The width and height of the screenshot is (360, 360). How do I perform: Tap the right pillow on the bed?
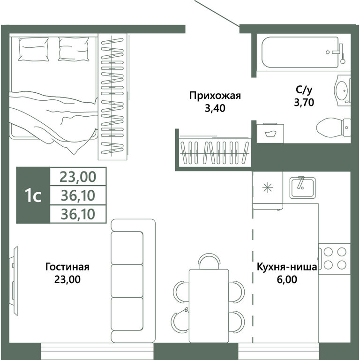(x=74, y=49)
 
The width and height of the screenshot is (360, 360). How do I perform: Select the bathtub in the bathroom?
(x=300, y=52)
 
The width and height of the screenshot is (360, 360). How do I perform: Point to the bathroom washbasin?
(x=342, y=89)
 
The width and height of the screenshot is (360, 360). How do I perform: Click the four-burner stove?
(x=334, y=257)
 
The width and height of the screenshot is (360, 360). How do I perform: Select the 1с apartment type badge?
(x=33, y=195)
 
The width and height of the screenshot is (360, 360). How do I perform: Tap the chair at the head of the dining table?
(x=208, y=261)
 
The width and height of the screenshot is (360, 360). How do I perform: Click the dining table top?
(x=209, y=305)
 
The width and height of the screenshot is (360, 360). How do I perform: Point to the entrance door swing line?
(x=216, y=13)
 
